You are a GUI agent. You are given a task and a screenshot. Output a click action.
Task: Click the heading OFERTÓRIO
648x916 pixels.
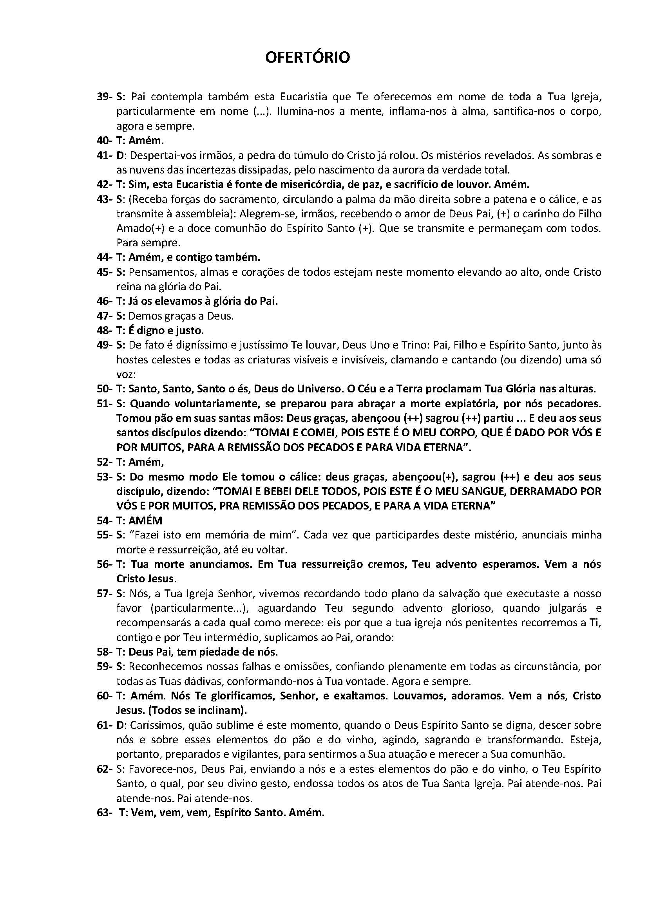coord(308,58)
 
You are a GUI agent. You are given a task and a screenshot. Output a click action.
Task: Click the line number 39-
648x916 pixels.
coord(105,97)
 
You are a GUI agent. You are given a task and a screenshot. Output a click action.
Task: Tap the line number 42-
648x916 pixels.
coord(105,184)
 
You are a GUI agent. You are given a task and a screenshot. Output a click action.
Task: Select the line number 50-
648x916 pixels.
coord(105,389)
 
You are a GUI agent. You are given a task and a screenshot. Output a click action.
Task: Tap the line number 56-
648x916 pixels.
coord(105,564)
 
